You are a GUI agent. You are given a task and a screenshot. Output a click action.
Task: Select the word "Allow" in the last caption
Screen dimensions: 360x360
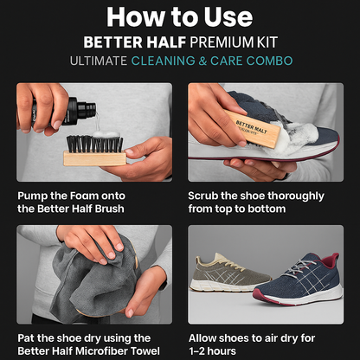pyautogui.click(x=206, y=338)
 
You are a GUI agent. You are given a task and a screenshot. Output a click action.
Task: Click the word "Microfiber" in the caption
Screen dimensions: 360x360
pyautogui.click(x=103, y=351)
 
